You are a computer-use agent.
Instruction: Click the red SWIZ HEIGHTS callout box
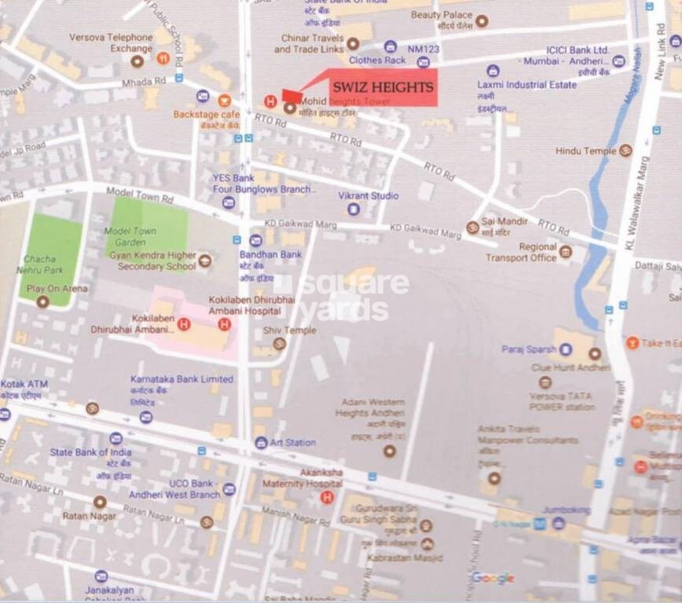point(381,88)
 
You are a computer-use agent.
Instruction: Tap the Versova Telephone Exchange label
point(111,42)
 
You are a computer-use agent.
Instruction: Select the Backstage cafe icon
point(225,100)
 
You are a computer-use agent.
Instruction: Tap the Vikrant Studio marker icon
point(354,209)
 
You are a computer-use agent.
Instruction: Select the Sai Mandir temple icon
point(472,228)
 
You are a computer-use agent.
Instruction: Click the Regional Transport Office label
point(521,252)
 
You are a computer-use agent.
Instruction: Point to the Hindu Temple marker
point(625,150)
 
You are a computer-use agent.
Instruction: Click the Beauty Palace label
point(442,15)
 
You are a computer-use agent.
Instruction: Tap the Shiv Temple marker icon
point(279,344)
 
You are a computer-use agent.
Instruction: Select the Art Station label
point(293,443)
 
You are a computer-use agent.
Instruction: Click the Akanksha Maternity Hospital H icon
point(328,496)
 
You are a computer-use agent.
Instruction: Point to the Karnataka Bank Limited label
point(181,379)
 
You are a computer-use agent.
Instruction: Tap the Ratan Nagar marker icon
point(100,502)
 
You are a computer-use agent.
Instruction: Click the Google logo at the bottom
point(493,578)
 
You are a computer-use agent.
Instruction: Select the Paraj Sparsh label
point(529,349)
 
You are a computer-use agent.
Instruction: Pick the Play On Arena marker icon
point(42,301)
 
